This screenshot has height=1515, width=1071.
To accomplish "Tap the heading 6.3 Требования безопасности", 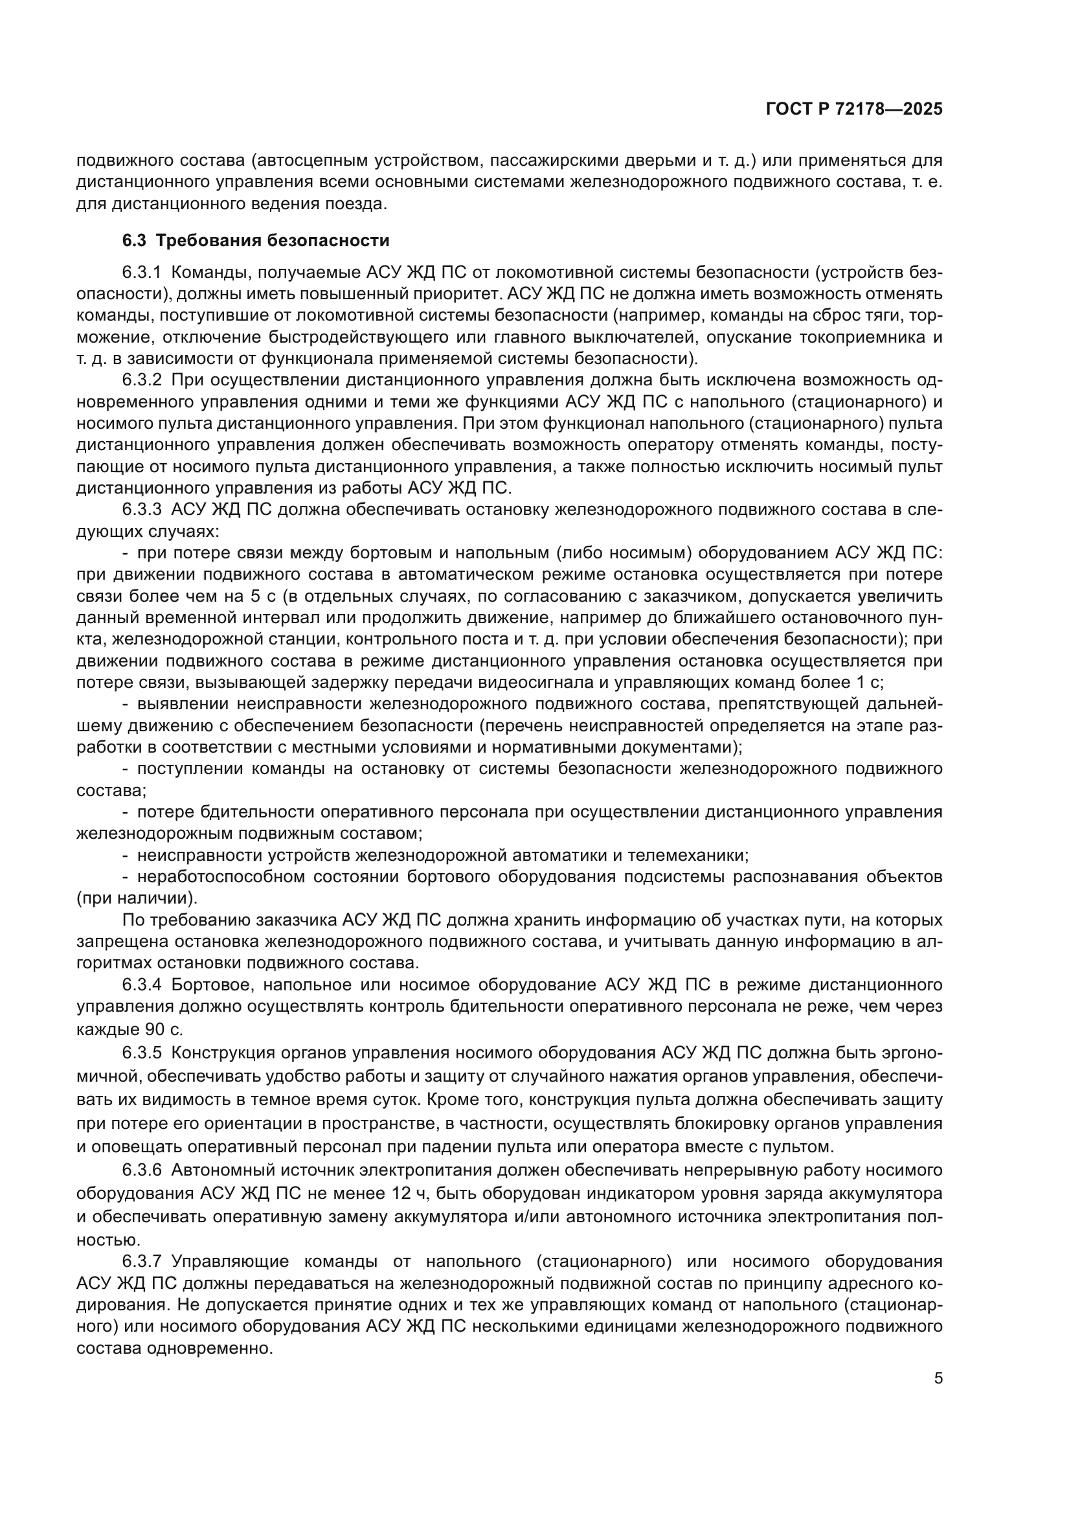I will coord(256,240).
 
